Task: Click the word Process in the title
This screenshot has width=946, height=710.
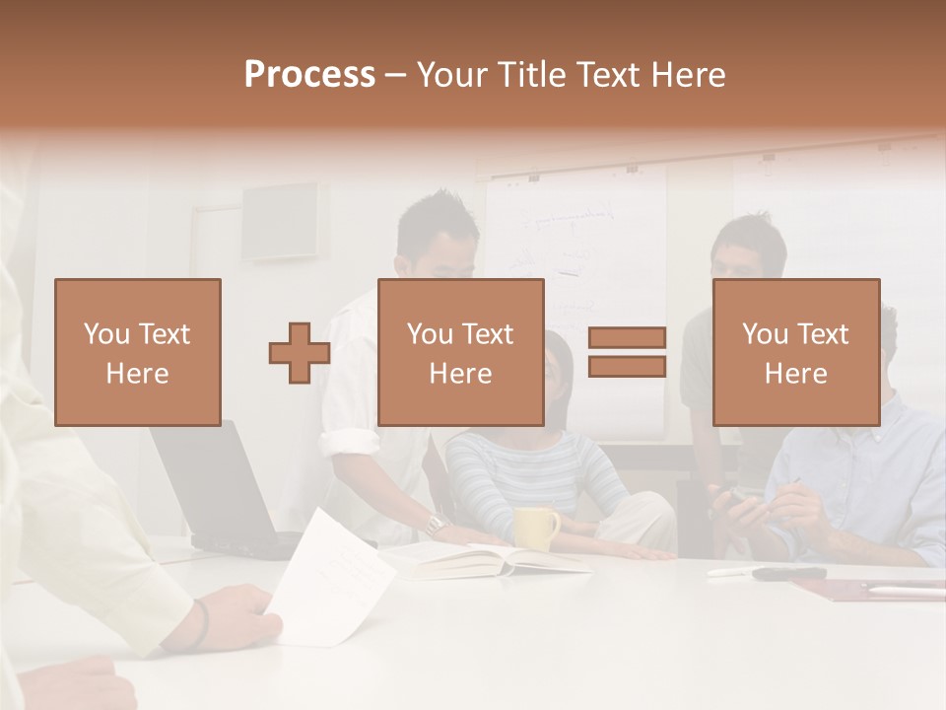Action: click(x=309, y=74)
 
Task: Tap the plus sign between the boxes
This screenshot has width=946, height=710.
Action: click(x=299, y=353)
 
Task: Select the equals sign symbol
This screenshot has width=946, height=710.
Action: click(x=627, y=352)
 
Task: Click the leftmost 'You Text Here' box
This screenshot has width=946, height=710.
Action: click(x=138, y=352)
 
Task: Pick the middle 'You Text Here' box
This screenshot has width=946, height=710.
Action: click(x=460, y=352)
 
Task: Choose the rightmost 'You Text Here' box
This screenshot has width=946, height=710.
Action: click(x=795, y=352)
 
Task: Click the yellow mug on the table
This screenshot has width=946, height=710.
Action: click(x=536, y=529)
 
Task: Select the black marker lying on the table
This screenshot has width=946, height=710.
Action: click(x=788, y=573)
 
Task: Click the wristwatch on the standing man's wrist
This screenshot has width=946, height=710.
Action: click(x=434, y=524)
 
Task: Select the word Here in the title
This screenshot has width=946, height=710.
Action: click(x=689, y=74)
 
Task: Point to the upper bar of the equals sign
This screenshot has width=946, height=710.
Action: click(x=627, y=337)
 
